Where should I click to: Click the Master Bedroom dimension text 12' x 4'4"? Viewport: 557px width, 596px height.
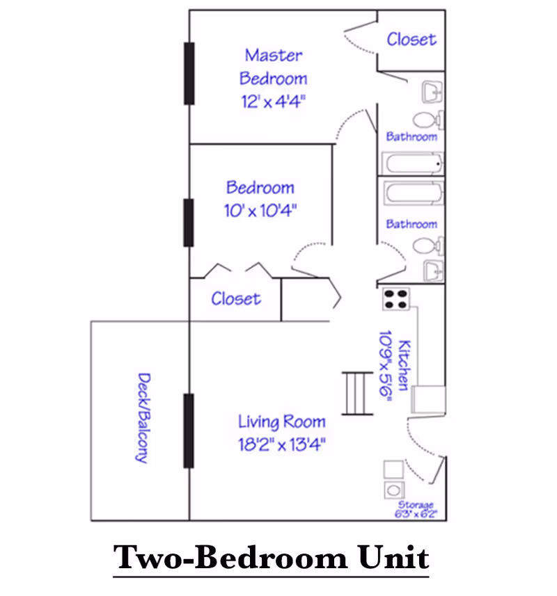tap(273, 102)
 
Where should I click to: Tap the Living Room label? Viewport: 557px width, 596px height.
tap(281, 422)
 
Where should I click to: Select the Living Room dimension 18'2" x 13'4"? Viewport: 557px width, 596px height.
tap(281, 444)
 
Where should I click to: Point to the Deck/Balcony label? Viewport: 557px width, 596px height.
tap(143, 418)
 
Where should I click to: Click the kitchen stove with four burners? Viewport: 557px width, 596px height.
tap(395, 299)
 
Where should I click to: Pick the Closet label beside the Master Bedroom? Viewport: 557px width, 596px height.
tap(411, 40)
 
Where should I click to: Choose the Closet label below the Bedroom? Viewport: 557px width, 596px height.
tap(236, 299)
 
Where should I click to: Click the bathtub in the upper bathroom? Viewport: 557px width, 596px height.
tap(413, 164)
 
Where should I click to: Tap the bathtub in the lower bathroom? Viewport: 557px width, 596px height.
tap(414, 193)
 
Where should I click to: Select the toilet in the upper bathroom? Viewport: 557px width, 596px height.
tap(428, 120)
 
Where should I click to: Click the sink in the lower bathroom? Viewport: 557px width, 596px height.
tap(433, 271)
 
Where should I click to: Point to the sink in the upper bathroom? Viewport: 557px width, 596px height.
tap(432, 92)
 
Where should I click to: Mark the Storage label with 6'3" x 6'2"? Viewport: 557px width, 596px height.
tap(416, 510)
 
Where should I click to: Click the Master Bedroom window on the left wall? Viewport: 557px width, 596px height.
tap(189, 73)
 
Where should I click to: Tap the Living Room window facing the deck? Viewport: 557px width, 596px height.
tap(189, 430)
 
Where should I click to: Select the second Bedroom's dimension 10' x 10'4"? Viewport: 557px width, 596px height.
tap(260, 210)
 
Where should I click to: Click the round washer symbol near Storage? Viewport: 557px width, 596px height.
tap(394, 490)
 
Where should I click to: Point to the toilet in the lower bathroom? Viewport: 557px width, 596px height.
tap(428, 245)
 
